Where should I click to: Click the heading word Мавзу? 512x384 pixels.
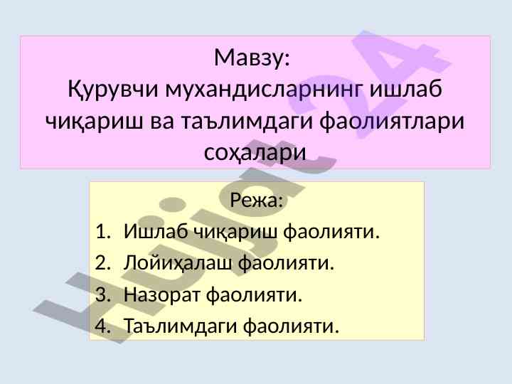click(x=252, y=58)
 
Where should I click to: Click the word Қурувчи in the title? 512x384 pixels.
click(x=113, y=89)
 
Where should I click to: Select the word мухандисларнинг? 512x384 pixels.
click(x=264, y=89)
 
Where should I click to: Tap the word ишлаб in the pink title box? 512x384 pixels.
click(x=406, y=88)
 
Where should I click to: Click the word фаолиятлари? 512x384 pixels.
click(x=392, y=122)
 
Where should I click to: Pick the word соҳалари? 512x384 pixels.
click(x=255, y=152)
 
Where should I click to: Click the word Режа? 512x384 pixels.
click(x=256, y=200)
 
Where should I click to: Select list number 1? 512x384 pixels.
click(x=102, y=232)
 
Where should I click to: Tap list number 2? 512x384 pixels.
click(x=102, y=263)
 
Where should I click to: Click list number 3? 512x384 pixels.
click(x=102, y=294)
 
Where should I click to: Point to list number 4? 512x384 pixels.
click(x=102, y=326)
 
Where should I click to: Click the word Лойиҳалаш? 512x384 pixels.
click(x=178, y=263)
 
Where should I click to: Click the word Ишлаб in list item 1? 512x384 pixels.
click(x=156, y=231)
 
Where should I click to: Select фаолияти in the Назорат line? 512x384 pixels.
click(x=254, y=295)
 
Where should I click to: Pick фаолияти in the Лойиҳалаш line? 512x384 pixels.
click(x=286, y=264)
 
